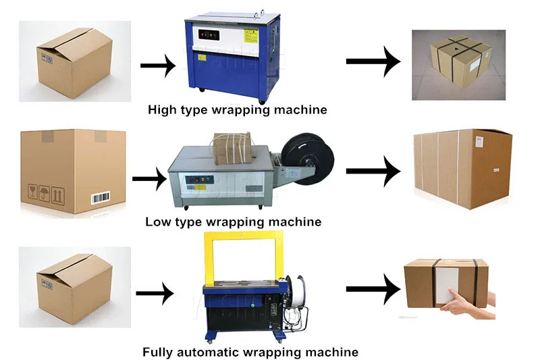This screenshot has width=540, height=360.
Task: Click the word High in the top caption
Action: tap(162, 109)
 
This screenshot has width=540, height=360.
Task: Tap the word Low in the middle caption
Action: tap(158, 222)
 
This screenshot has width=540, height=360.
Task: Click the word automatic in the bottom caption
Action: tap(211, 352)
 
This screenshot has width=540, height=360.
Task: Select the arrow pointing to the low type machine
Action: tap(149, 179)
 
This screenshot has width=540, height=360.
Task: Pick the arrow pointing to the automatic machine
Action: tap(155, 293)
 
